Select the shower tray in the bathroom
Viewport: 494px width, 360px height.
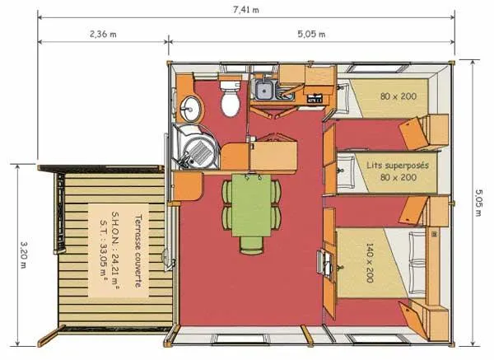pos(197,149)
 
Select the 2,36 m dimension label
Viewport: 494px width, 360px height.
pos(104,34)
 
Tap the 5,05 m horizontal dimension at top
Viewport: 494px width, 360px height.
pos(310,34)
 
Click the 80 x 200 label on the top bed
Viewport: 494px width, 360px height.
pos(398,96)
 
